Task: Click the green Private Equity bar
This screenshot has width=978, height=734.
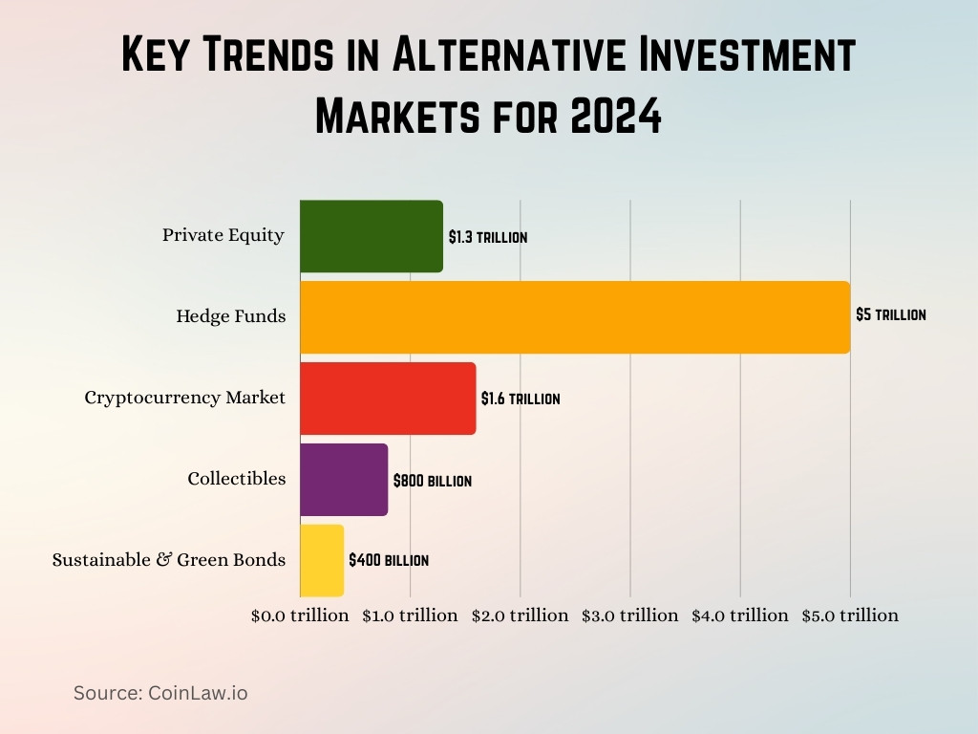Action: click(x=372, y=236)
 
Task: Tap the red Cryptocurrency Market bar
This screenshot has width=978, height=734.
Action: click(x=388, y=399)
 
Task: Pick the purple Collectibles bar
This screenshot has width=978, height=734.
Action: click(x=344, y=480)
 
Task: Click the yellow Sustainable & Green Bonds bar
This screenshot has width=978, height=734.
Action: click(x=322, y=561)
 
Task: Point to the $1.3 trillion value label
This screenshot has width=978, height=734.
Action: click(x=487, y=237)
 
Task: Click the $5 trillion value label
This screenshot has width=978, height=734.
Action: click(x=890, y=314)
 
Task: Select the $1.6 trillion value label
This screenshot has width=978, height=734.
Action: click(x=521, y=399)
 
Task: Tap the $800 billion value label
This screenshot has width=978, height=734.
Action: click(x=432, y=481)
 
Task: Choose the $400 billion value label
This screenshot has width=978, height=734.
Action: click(x=388, y=560)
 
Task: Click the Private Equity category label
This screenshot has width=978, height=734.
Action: click(x=223, y=235)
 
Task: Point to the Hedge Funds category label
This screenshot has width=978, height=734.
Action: click(x=230, y=315)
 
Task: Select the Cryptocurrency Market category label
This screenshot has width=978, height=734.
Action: click(x=184, y=398)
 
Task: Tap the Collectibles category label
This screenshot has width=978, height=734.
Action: click(x=236, y=479)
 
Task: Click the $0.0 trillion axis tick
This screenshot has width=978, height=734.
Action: click(x=300, y=615)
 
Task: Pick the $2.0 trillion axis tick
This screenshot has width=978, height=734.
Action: click(x=520, y=615)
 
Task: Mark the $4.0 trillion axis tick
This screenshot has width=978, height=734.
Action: click(x=740, y=615)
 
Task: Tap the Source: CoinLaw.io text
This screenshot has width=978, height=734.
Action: click(x=160, y=693)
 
